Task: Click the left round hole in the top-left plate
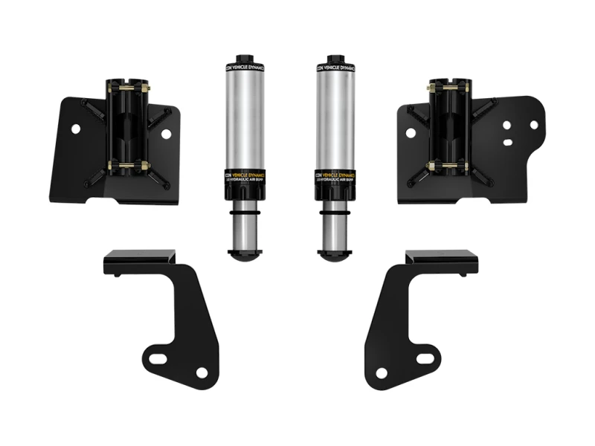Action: (x=75, y=129)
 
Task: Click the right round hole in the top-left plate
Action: (x=166, y=134)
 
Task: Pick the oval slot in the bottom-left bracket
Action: (x=158, y=359)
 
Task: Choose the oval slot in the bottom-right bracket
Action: (x=424, y=358)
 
